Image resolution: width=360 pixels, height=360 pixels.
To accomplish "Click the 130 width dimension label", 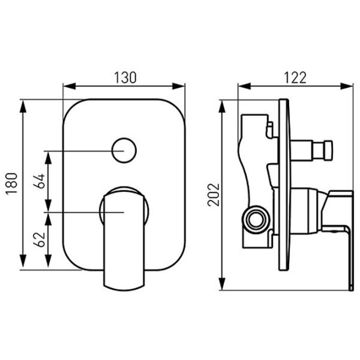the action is click(x=125, y=77).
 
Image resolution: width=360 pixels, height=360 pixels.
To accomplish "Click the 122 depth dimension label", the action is click(x=295, y=77).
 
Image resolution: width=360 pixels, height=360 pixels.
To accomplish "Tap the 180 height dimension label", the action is click(x=12, y=184).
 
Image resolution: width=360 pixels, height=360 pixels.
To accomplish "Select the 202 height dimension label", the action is click(x=214, y=194).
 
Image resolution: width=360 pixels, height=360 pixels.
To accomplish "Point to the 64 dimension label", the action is click(x=39, y=181).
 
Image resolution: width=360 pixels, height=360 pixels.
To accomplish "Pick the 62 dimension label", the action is click(x=39, y=239).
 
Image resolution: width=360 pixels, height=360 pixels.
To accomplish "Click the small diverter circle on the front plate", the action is click(x=124, y=151).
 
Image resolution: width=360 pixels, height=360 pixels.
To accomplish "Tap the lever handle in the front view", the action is click(x=124, y=239).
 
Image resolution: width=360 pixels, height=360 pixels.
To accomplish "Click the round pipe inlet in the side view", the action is click(x=256, y=220).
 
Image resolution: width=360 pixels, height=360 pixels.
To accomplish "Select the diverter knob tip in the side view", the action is click(x=328, y=151).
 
